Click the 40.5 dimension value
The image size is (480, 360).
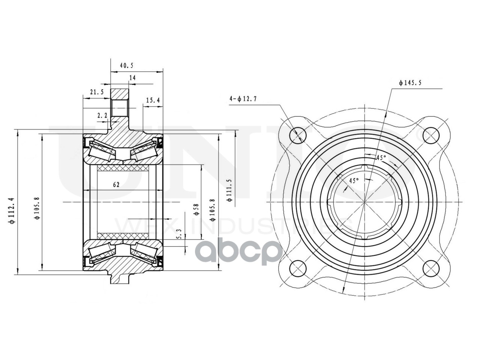(126, 65)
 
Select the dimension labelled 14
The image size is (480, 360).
(132, 78)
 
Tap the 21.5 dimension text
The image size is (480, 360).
(96, 92)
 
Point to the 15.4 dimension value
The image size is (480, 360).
(153, 100)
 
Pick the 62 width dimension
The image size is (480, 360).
(116, 184)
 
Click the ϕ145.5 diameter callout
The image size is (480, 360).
(410, 83)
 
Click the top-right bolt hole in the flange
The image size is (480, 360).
(431, 135)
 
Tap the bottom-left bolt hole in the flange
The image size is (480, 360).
(297, 268)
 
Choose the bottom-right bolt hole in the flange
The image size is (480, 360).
(431, 268)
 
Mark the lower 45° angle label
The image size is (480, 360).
(354, 180)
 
